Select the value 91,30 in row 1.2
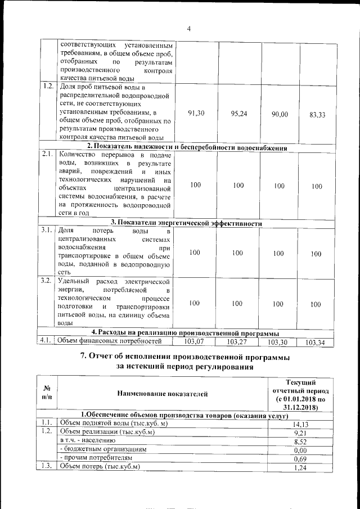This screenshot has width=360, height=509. tap(195, 114)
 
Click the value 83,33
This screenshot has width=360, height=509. tap(317, 115)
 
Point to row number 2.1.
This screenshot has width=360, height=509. tap(47, 154)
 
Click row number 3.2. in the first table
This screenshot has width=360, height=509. tap(47, 280)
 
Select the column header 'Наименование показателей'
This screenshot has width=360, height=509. tap(162, 394)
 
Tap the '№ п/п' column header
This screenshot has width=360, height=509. tap(47, 393)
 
